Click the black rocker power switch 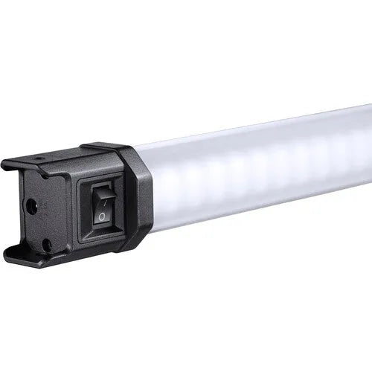(x=99, y=206)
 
